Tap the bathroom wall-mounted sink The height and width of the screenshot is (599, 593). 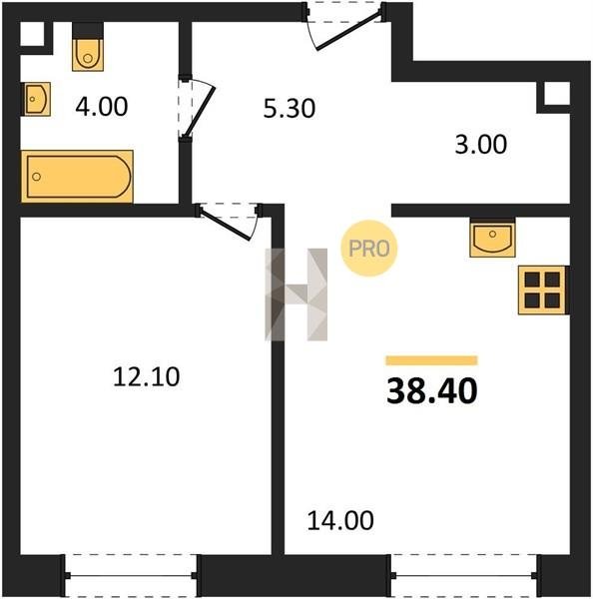pos(36,99)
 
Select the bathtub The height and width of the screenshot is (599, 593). pos(77,177)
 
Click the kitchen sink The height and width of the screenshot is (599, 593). pos(492,238)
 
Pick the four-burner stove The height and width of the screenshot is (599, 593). pos(542,290)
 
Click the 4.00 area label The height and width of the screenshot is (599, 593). pos(101,107)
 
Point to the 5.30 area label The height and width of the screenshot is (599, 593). pos(290,108)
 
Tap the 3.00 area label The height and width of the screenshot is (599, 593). pos(480,145)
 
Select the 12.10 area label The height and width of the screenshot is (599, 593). pos(147,376)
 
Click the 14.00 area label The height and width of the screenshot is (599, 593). pos(340,520)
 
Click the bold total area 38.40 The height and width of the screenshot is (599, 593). pos(431,390)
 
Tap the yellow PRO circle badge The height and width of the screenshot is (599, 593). pos(369,249)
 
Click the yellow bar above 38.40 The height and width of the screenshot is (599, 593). pos(431,360)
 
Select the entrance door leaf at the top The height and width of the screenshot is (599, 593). pos(348,32)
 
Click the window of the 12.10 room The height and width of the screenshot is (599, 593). pos(131,575)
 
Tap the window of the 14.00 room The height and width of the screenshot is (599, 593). pos(464,575)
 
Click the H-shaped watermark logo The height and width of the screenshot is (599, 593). pos(296,295)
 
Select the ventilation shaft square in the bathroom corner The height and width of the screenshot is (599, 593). pos(32,34)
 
